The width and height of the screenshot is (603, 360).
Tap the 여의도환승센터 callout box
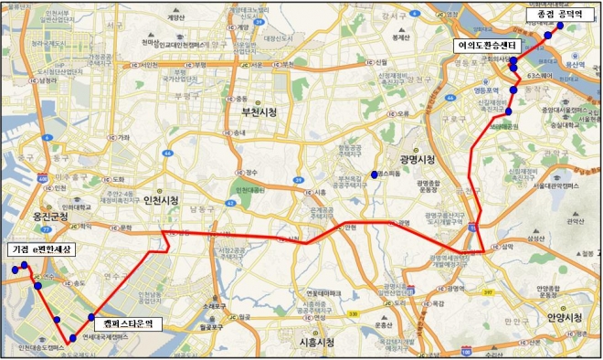tap(488, 44)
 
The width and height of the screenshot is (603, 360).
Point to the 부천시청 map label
tap(258, 112)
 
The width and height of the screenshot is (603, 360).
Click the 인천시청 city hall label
tap(161, 200)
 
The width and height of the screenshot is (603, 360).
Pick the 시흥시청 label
tap(316, 341)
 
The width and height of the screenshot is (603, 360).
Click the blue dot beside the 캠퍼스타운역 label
tap(91, 317)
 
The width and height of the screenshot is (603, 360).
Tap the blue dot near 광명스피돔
tap(376, 174)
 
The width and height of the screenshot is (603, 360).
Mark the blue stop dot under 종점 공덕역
tap(547, 36)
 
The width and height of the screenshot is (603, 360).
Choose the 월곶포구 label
tap(213, 324)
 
